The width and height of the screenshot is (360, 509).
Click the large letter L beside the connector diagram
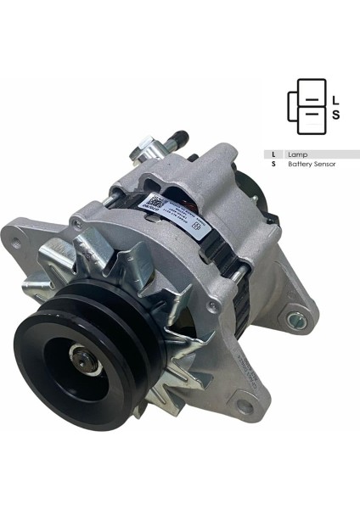pos(335,99)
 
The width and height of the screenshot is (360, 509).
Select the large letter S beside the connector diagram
pos(335,115)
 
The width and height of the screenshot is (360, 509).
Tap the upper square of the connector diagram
pos(311,93)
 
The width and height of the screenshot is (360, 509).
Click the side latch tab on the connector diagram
pos(292,106)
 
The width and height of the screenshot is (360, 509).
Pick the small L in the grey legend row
pos(273,154)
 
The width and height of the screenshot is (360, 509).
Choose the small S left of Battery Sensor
pos(273,164)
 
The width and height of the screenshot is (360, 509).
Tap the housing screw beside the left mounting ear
pos(77,224)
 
